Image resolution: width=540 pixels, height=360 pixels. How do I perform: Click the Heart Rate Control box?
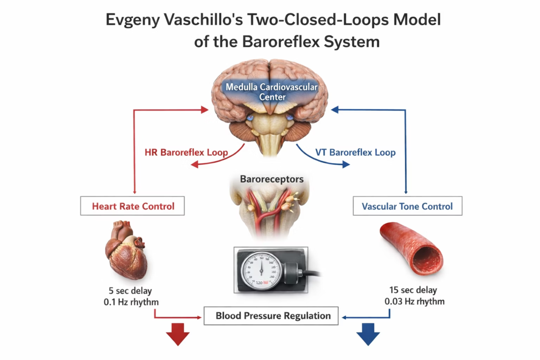pos(133,206)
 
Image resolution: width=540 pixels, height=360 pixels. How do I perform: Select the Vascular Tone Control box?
pos(407,206)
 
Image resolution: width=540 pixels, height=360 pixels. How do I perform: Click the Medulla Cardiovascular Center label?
pos(272,92)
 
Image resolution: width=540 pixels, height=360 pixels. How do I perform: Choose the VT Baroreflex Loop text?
pos(355,152)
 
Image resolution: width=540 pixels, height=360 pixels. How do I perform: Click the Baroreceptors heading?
pos(272,179)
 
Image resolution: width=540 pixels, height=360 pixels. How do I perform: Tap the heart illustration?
pos(128,249)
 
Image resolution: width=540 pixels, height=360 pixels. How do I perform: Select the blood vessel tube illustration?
pos(412,248)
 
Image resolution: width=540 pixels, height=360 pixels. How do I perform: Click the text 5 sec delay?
pos(130,291)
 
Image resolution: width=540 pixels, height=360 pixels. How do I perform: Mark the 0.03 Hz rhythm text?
pos(414,302)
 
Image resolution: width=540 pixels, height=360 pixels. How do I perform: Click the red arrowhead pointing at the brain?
pos(205,109)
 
